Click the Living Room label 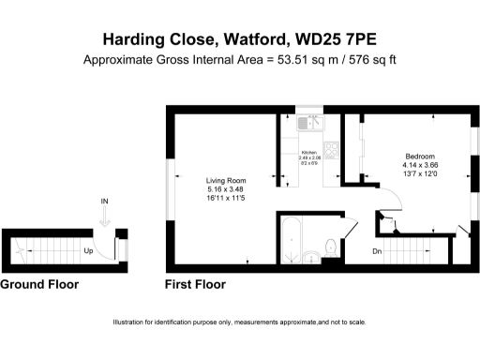pos(226,180)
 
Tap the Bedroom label pos(419,156)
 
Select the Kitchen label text pos(308,152)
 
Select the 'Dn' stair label pos(376,250)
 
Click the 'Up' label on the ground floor pos(87,251)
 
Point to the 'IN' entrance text pos(105,202)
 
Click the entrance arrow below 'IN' pos(105,216)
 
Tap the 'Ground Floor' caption pos(39,284)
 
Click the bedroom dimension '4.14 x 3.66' pos(419,166)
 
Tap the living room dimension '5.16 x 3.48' pos(226,190)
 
